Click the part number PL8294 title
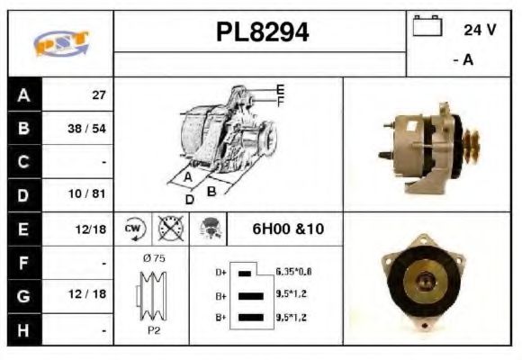tap(261, 32)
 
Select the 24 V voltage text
tap(480, 30)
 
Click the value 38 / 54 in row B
tap(87, 129)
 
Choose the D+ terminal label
tap(220, 271)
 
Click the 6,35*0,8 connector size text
tap(292, 271)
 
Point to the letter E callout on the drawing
tap(280, 89)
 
